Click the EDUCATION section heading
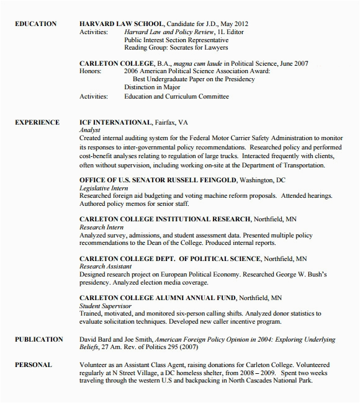(35, 24)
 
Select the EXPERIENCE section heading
(37, 123)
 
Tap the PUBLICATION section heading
(38, 340)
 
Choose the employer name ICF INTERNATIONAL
(115, 123)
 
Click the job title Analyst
(90, 131)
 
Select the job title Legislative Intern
(104, 187)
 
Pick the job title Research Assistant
(106, 267)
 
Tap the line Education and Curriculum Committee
(176, 97)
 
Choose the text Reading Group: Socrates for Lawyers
(176, 48)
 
